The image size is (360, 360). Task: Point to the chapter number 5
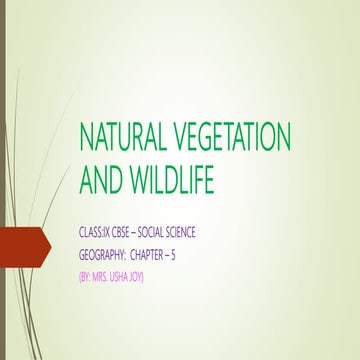tap(203, 254)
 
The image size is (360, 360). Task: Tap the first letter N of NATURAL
tap(87, 136)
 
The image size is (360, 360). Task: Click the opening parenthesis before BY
tap(79, 275)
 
